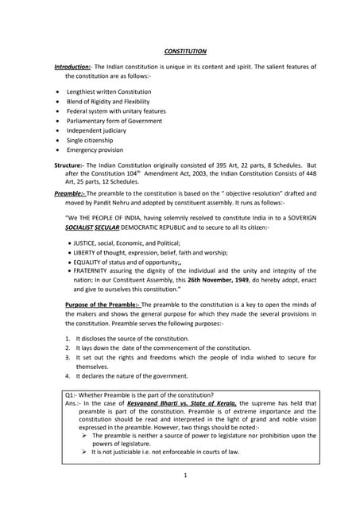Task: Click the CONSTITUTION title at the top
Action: tap(185, 51)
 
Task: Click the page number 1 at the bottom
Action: tap(185, 476)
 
